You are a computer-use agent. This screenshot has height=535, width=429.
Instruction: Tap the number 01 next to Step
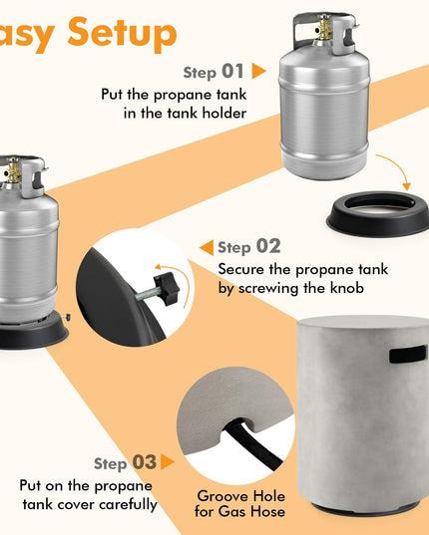[232, 72]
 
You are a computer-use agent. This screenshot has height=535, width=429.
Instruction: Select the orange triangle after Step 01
[258, 71]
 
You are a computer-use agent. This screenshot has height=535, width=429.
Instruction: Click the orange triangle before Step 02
[207, 247]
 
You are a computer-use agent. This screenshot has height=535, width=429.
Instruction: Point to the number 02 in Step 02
[268, 246]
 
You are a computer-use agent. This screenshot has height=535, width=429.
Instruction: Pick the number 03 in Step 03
[144, 462]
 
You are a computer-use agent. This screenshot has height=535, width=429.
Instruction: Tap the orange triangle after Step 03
[168, 462]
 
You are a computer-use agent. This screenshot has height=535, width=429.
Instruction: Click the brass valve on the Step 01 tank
[324, 27]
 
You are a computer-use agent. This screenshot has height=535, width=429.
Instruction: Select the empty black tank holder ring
[378, 213]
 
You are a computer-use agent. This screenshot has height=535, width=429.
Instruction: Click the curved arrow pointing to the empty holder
[397, 166]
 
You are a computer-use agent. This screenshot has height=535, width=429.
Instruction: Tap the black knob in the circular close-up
[167, 289]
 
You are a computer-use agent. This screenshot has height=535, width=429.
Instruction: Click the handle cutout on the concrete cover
[407, 354]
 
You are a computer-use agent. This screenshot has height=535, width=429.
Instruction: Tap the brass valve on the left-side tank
[13, 169]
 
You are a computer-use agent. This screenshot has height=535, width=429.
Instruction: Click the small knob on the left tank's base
[66, 317]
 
